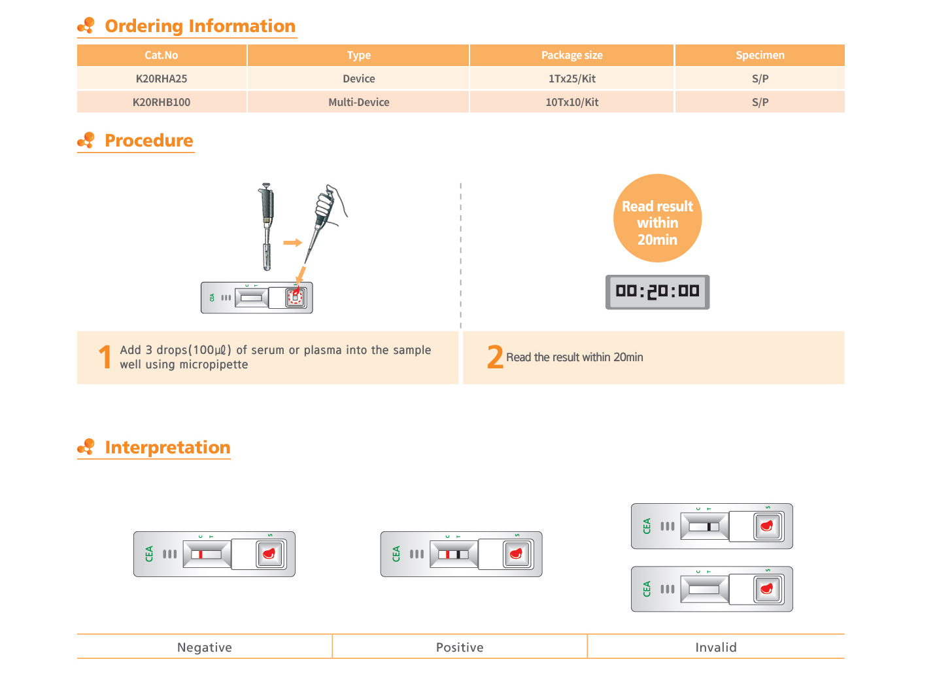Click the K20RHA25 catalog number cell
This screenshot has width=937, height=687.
(x=162, y=79)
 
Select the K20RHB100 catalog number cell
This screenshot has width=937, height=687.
(x=162, y=103)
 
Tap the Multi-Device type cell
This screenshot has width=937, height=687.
(x=360, y=103)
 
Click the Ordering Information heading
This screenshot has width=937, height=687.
(x=200, y=26)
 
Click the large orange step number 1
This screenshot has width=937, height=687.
(x=105, y=358)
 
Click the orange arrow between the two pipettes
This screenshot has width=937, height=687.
(x=293, y=243)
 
